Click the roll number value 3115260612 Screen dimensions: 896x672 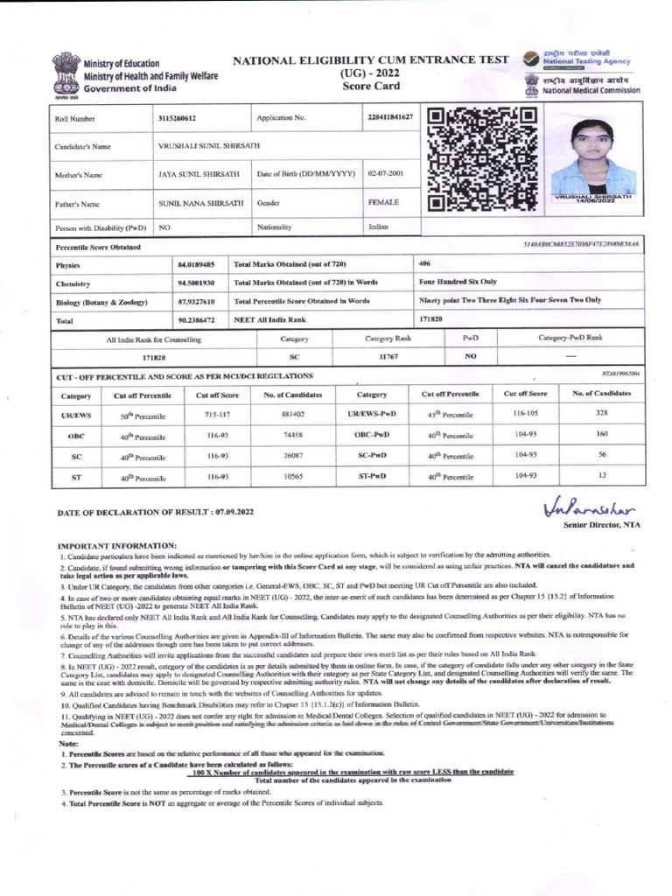(178, 118)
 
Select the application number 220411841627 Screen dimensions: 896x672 (388, 117)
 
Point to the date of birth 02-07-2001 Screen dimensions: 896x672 (385, 173)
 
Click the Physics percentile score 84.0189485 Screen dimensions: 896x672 (197, 263)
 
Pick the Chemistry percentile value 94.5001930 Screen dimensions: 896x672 (197, 283)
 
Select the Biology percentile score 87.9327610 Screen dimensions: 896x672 (197, 301)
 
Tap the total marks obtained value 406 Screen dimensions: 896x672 (425, 262)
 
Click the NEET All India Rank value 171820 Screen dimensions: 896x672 (431, 319)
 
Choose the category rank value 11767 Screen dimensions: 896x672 (388, 357)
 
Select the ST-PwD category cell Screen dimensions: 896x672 (372, 476)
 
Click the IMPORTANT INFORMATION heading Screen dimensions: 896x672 (116, 544)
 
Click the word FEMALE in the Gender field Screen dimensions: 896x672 (383, 202)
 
